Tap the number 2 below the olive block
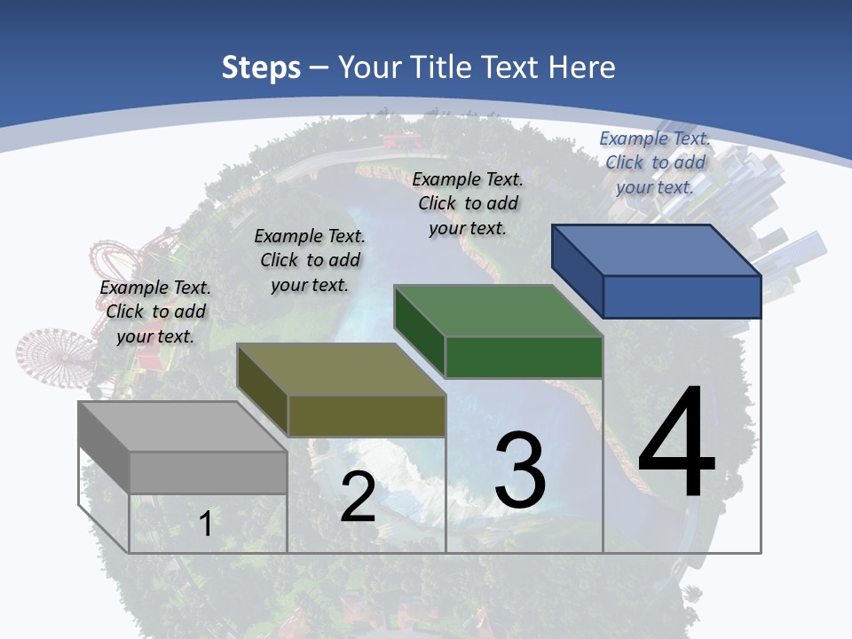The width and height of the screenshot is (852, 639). [x=358, y=496]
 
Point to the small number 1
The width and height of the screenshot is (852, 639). [x=206, y=524]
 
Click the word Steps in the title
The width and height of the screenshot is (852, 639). [x=261, y=67]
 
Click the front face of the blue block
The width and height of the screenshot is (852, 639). [x=682, y=296]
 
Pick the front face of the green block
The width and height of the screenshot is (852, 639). [x=524, y=357]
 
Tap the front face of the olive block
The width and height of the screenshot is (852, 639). [x=367, y=415]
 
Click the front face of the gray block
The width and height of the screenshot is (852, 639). [x=208, y=472]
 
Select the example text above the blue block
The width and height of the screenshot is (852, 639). [x=655, y=162]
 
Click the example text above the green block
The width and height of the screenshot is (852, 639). [x=468, y=203]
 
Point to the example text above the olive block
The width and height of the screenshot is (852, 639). [x=310, y=260]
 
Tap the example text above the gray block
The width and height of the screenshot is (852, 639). [x=155, y=312]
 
